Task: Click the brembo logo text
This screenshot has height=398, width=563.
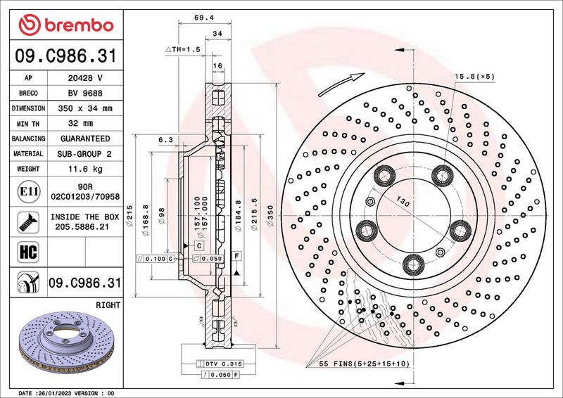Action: pos(79,25)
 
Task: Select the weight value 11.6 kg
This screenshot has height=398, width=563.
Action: pos(85,169)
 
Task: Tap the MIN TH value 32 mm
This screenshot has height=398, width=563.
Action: pos(81,124)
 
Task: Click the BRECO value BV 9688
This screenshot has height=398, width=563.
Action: pos(85,94)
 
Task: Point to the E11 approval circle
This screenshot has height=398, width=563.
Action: pos(28,191)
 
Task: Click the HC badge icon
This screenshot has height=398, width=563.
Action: pos(28,252)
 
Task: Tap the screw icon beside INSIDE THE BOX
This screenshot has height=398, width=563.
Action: pos(28,222)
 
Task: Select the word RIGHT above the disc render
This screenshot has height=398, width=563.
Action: pos(108,305)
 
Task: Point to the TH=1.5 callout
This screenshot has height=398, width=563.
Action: pos(183,49)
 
